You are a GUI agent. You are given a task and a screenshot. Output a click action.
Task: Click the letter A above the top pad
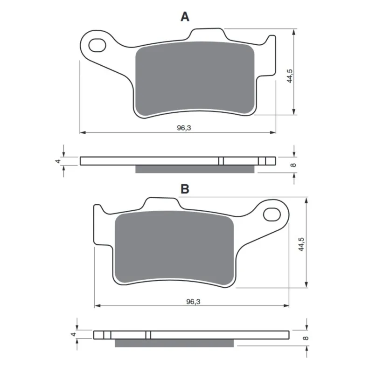(x=185, y=17)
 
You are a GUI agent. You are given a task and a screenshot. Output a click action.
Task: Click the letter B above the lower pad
(x=185, y=189)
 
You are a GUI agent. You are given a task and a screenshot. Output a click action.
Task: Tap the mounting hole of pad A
(x=97, y=45)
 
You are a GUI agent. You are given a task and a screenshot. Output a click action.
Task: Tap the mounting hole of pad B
(x=272, y=214)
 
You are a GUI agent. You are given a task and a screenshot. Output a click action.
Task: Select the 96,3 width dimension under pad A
(x=184, y=128)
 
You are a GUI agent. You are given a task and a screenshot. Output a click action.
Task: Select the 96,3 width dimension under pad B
(x=193, y=301)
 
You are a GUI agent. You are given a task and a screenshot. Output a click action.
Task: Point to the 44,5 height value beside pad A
(x=290, y=76)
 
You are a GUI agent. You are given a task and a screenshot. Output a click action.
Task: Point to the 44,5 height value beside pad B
(x=301, y=244)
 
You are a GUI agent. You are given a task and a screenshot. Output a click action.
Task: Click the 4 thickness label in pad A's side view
(x=58, y=161)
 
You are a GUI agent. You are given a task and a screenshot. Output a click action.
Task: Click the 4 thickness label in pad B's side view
(x=74, y=334)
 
